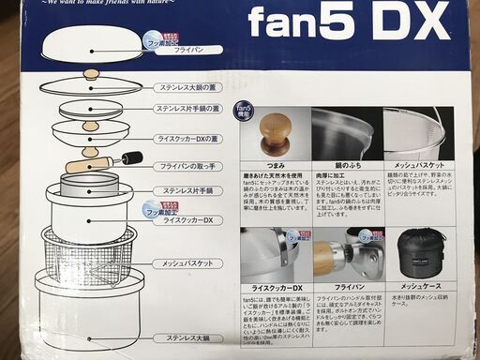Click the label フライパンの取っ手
[191, 165]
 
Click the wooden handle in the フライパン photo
[323, 258]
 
